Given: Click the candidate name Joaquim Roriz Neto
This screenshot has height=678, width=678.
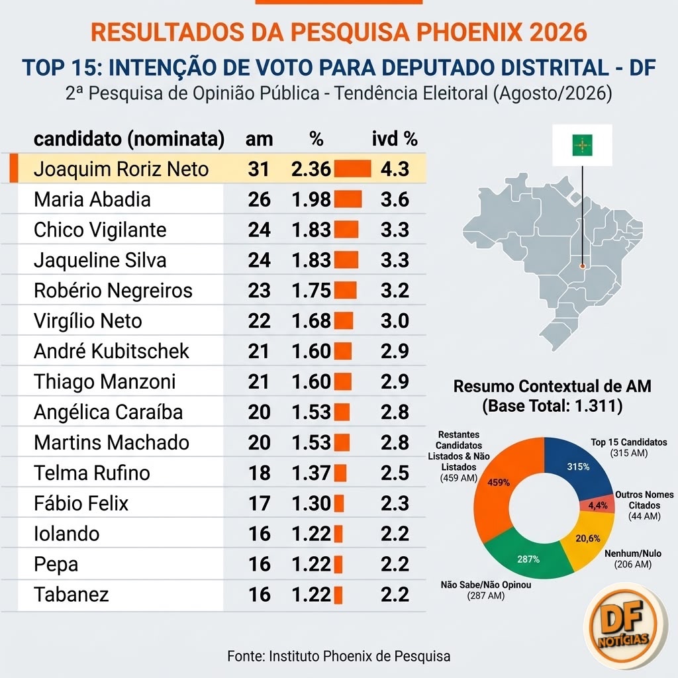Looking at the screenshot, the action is pyautogui.click(x=121, y=169).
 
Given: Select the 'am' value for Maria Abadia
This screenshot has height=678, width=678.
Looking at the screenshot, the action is pyautogui.click(x=259, y=200).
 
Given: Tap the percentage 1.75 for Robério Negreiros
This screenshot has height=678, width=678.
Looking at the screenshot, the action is pyautogui.click(x=311, y=291).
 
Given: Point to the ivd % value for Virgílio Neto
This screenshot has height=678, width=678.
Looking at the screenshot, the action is pyautogui.click(x=395, y=321).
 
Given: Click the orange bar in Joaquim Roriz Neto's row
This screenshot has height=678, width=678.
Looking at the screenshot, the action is pyautogui.click(x=352, y=169).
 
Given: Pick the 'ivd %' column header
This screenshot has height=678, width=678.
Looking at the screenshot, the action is pyautogui.click(x=395, y=139).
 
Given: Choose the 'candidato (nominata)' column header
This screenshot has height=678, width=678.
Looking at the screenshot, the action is pyautogui.click(x=129, y=139).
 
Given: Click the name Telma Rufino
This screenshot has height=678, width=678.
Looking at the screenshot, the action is pyautogui.click(x=91, y=473).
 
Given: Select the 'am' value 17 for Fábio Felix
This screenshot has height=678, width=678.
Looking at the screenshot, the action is pyautogui.click(x=259, y=503).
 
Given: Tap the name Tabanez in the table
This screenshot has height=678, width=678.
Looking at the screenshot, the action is pyautogui.click(x=71, y=595).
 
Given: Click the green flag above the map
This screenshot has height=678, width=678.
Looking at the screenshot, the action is pyautogui.click(x=583, y=145).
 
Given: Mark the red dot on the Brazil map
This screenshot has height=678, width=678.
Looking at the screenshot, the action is pyautogui.click(x=583, y=266).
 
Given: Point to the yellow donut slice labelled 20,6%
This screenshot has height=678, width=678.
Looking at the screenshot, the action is pyautogui.click(x=589, y=539).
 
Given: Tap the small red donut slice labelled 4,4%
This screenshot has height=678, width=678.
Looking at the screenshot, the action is pyautogui.click(x=599, y=505).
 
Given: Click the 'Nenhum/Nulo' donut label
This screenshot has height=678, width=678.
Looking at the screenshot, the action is pyautogui.click(x=632, y=554).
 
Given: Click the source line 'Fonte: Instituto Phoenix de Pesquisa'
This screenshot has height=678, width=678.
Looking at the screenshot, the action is pyautogui.click(x=339, y=656).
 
